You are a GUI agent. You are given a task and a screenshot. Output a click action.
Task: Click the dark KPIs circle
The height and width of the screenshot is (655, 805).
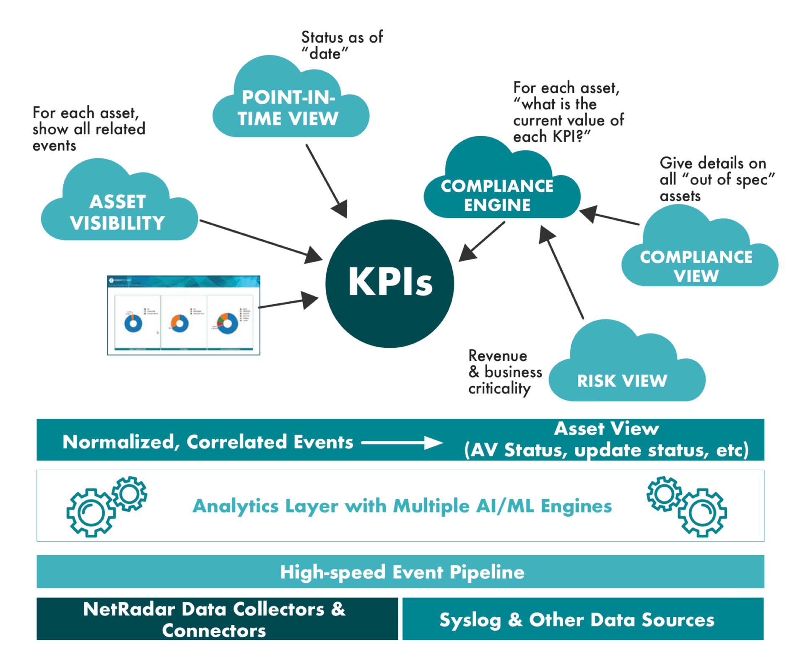tap(389, 284)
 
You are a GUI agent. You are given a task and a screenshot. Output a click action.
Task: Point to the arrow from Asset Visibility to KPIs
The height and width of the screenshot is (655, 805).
tap(260, 239)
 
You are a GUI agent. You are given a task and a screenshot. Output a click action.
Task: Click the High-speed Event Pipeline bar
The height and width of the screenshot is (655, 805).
tap(400, 572)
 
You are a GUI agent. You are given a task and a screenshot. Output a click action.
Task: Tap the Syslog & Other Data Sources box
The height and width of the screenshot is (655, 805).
tap(583, 619)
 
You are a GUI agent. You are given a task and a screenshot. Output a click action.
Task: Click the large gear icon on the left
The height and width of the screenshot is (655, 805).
tap(91, 513)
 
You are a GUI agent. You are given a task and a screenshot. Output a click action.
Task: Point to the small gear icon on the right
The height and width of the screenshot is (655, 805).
tap(664, 494)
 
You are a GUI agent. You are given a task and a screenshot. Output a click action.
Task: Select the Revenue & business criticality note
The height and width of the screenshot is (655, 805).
tap(504, 372)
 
